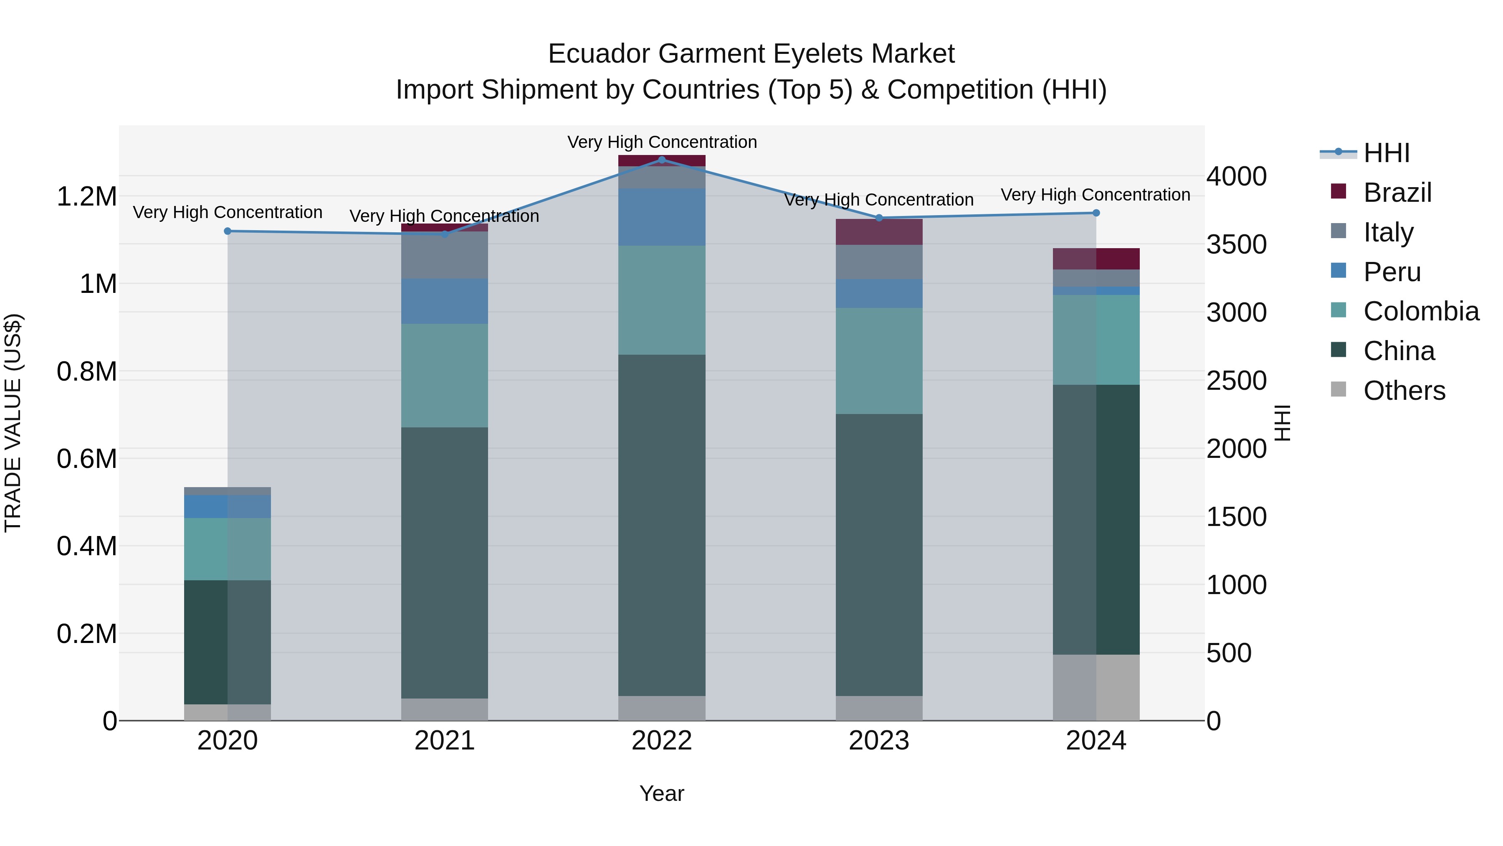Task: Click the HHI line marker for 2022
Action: (x=662, y=160)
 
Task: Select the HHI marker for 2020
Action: (x=228, y=231)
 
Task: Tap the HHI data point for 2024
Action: (x=1096, y=213)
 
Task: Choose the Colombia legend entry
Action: (x=1420, y=311)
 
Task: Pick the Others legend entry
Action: (x=1403, y=391)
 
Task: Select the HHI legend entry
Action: (x=1386, y=153)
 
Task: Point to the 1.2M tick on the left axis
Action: (x=86, y=197)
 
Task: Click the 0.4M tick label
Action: (x=86, y=546)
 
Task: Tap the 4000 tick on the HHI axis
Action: (x=1236, y=176)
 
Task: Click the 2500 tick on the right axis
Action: (x=1236, y=381)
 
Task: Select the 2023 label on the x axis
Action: (x=879, y=741)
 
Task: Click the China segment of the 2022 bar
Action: (x=662, y=526)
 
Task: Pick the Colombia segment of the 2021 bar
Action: (x=445, y=376)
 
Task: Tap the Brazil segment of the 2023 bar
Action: (x=879, y=232)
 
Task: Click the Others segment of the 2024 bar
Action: (x=1096, y=687)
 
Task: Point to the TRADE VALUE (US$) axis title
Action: (x=13, y=423)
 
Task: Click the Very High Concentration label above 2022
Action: (x=662, y=142)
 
